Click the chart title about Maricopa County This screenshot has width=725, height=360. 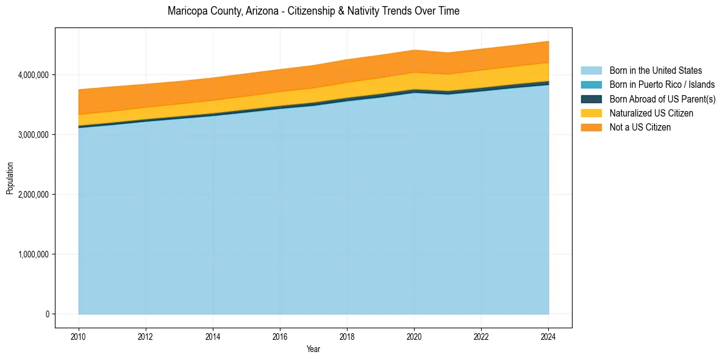(x=313, y=11)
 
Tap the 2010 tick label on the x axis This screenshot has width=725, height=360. (x=78, y=336)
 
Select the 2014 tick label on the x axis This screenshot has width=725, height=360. (x=213, y=336)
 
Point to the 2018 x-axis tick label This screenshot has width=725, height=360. (x=347, y=336)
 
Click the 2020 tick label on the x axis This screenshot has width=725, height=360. (x=414, y=336)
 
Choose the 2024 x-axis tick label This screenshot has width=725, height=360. (x=548, y=336)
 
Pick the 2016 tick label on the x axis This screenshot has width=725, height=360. (x=280, y=336)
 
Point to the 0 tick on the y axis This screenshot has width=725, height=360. (x=48, y=314)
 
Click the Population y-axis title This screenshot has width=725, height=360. (x=10, y=178)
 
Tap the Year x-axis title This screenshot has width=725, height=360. (x=313, y=350)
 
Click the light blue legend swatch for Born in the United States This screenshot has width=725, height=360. (x=591, y=71)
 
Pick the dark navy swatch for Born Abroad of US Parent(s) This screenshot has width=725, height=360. (x=591, y=99)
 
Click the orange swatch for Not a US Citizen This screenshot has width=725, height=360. (x=591, y=127)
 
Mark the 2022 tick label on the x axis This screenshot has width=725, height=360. (x=481, y=336)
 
